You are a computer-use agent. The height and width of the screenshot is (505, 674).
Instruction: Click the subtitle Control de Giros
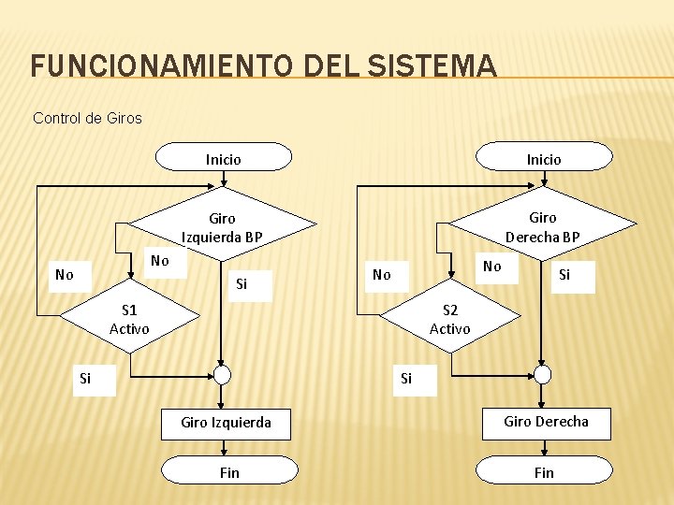pyautogui.click(x=87, y=118)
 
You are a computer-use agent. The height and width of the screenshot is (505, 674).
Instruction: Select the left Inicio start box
pyautogui.click(x=223, y=158)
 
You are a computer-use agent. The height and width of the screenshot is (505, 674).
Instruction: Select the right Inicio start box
pyautogui.click(x=543, y=158)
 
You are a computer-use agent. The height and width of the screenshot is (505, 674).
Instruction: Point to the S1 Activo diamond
pyautogui.click(x=129, y=319)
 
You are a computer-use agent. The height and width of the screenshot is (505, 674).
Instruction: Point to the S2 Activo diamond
pyautogui.click(x=449, y=319)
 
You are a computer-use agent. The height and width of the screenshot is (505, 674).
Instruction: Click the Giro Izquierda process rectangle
pyautogui.click(x=226, y=423)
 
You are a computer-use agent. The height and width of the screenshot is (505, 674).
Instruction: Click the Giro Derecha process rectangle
pyautogui.click(x=546, y=423)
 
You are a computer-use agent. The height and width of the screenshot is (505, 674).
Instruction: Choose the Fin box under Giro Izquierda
pyautogui.click(x=228, y=472)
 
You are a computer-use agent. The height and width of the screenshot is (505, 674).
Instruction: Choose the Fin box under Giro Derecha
pyautogui.click(x=544, y=472)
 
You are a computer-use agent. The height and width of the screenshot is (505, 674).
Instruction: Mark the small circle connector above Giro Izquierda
pyautogui.click(x=222, y=375)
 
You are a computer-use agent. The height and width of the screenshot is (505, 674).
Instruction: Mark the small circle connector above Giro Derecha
pyautogui.click(x=543, y=375)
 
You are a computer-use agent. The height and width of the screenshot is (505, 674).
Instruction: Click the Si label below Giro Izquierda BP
pyautogui.click(x=242, y=283)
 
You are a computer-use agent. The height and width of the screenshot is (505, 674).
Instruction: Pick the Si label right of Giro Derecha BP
pyautogui.click(x=564, y=274)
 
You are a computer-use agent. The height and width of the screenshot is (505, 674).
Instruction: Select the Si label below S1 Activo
pyautogui.click(x=85, y=379)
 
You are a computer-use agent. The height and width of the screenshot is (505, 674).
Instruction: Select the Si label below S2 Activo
pyautogui.click(x=405, y=379)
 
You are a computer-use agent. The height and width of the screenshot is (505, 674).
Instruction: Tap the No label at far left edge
pyautogui.click(x=64, y=274)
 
